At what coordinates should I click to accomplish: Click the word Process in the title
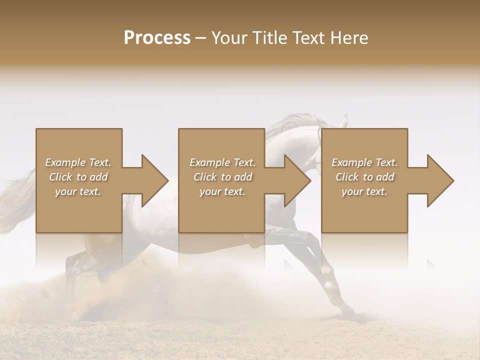tap(157, 38)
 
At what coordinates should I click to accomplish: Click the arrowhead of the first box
tap(154, 180)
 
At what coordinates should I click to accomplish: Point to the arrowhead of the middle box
tap(297, 180)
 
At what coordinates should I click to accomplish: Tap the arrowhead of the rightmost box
tap(440, 180)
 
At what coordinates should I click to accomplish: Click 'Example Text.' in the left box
tap(78, 162)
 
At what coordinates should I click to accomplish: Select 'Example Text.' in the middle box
tap(222, 162)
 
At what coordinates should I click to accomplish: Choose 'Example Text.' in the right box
tap(364, 162)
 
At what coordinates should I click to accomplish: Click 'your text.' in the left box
tap(78, 191)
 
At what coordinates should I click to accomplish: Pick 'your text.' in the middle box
tap(222, 191)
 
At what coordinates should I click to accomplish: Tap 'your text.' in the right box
tap(364, 191)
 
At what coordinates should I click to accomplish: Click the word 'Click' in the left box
tap(60, 177)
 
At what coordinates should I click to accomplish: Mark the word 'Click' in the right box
tap(347, 177)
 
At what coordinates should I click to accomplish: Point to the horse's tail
tap(17, 200)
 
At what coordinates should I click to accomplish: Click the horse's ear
tap(343, 120)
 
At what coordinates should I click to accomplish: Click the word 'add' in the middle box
tap(243, 177)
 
